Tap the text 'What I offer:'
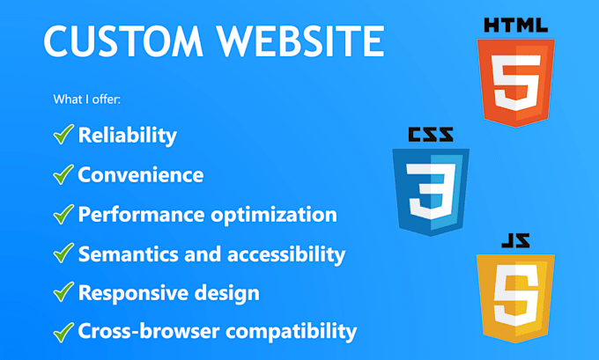pyautogui.click(x=86, y=99)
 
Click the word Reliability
pyautogui.click(x=127, y=136)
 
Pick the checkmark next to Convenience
pyautogui.click(x=63, y=174)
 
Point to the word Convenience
pyautogui.click(x=140, y=175)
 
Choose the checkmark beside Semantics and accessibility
pyautogui.click(x=63, y=253)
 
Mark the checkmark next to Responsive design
pyautogui.click(x=63, y=293)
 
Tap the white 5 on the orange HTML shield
pyautogui.click(x=515, y=82)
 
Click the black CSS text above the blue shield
pyautogui.click(x=431, y=136)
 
